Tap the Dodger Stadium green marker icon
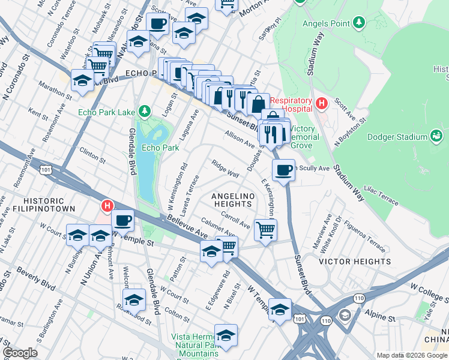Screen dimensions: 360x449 coord(436,137)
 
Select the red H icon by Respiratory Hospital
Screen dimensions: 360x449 coord(321,104)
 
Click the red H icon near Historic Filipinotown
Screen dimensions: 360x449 coord(107,206)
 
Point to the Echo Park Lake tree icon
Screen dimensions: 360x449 coord(144,111)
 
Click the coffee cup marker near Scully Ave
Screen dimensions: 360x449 coord(283,170)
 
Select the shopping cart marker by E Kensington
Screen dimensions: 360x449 coord(265,229)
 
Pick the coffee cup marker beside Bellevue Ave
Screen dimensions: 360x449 coord(122,221)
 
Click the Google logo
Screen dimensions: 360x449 coord(20,352)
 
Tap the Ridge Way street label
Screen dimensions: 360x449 coord(225,168)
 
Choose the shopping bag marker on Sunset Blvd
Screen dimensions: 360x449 coord(258,104)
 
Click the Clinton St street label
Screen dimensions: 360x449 coord(92,157)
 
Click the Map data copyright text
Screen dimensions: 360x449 coord(411,355)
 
